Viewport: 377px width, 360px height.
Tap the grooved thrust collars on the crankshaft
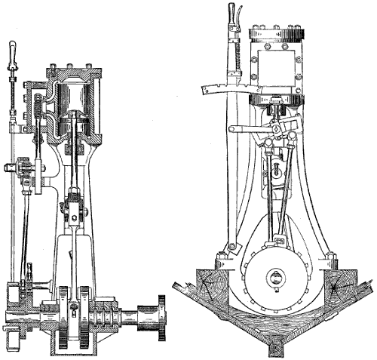105,312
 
